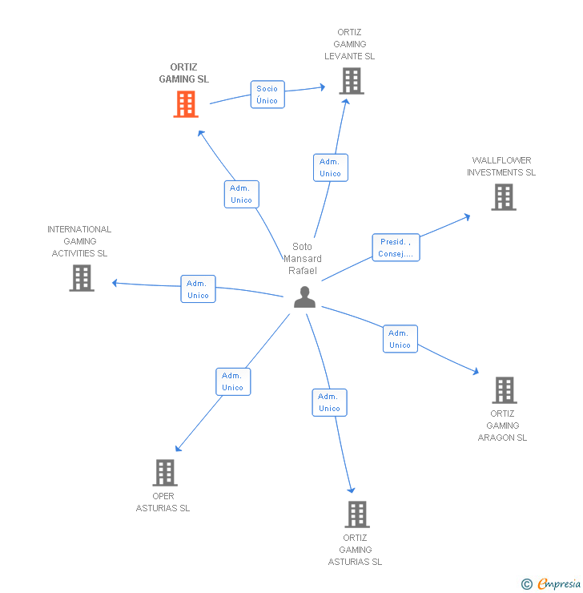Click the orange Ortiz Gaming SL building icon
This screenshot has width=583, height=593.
click(x=186, y=104)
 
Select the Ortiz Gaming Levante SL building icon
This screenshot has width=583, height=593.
click(x=351, y=81)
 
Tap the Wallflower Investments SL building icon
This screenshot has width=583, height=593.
click(x=503, y=197)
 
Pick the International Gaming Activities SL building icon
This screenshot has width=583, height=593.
click(x=82, y=278)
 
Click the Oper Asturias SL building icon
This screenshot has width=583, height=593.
click(x=164, y=473)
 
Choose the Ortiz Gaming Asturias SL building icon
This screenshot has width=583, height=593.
click(x=356, y=514)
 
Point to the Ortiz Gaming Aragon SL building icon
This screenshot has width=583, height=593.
click(x=504, y=390)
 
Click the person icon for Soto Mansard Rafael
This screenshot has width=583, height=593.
click(x=304, y=297)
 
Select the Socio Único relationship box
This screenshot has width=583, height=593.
click(x=267, y=95)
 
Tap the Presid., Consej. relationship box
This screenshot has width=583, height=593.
click(x=396, y=248)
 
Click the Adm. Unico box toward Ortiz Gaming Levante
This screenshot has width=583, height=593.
click(x=330, y=167)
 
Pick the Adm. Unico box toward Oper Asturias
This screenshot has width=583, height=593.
click(x=232, y=381)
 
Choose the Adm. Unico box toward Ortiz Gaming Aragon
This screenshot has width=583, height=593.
click(x=400, y=339)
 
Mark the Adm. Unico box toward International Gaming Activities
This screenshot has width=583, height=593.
click(x=198, y=289)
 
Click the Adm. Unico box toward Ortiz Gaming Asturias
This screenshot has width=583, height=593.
click(x=329, y=402)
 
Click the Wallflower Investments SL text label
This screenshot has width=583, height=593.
click(x=501, y=166)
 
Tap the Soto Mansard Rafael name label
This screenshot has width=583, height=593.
click(x=303, y=258)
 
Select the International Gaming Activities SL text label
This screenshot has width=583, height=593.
click(x=79, y=241)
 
